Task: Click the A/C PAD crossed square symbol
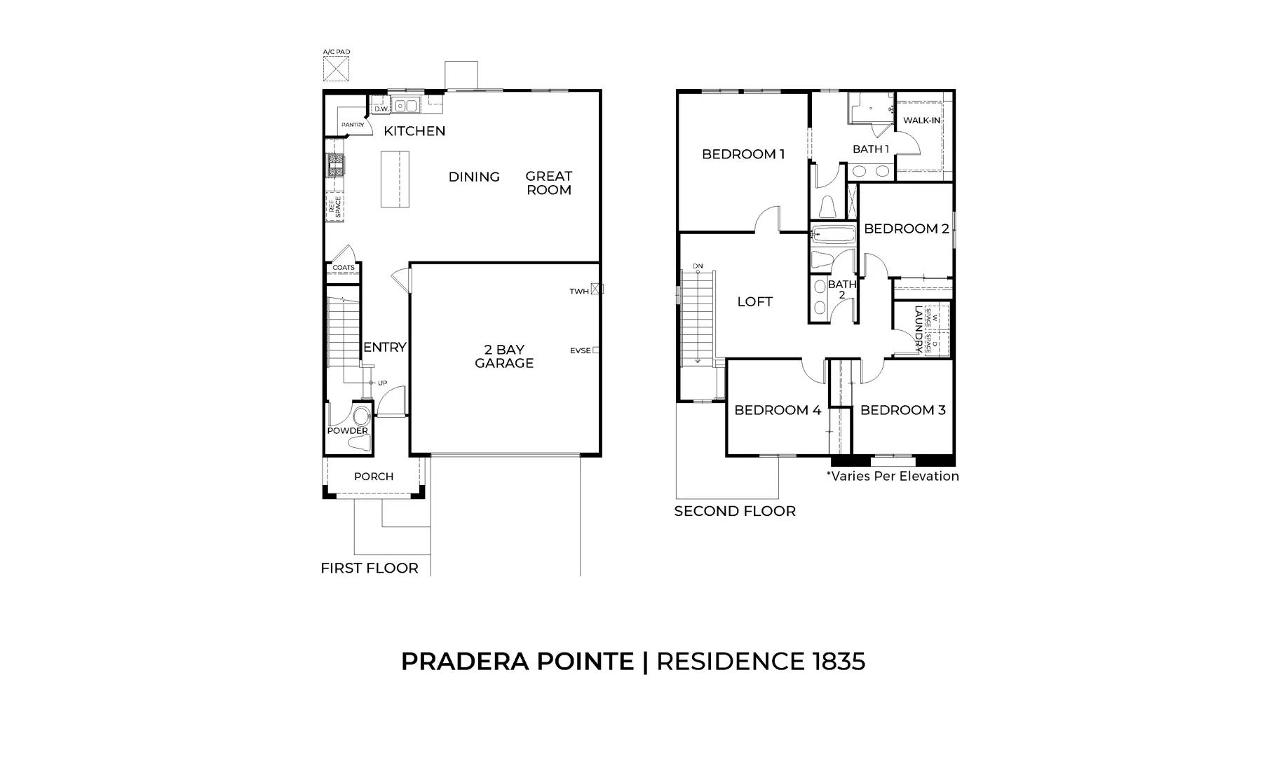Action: (x=336, y=69)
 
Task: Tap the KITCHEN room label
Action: (x=414, y=131)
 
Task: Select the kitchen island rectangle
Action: (x=395, y=179)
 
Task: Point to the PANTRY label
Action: (x=353, y=125)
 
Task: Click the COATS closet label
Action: (x=344, y=268)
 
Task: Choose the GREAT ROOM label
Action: (x=549, y=183)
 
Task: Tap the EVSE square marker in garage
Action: (x=596, y=350)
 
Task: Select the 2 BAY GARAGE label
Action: (x=504, y=356)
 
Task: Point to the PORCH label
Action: (x=374, y=477)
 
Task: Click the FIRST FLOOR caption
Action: (x=370, y=568)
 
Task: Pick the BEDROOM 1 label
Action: (x=743, y=154)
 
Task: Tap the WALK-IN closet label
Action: (x=922, y=121)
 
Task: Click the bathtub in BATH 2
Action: (x=833, y=235)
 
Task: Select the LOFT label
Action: (x=755, y=302)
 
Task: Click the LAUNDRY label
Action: (x=918, y=327)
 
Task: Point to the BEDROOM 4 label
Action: (x=778, y=410)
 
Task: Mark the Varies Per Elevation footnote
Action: (x=893, y=476)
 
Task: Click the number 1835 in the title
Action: (x=839, y=661)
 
